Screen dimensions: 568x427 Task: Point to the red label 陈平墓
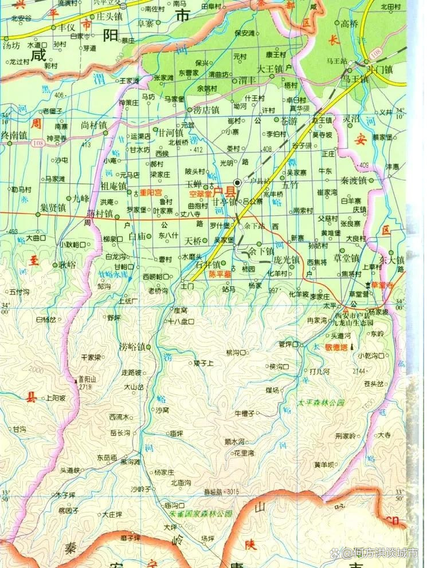(x=220, y=275)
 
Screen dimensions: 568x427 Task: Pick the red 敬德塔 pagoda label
(x=336, y=347)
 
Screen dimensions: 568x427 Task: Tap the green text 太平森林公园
(x=322, y=403)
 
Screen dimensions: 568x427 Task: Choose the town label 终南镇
(x=14, y=135)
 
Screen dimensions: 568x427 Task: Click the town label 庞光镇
(x=287, y=259)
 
